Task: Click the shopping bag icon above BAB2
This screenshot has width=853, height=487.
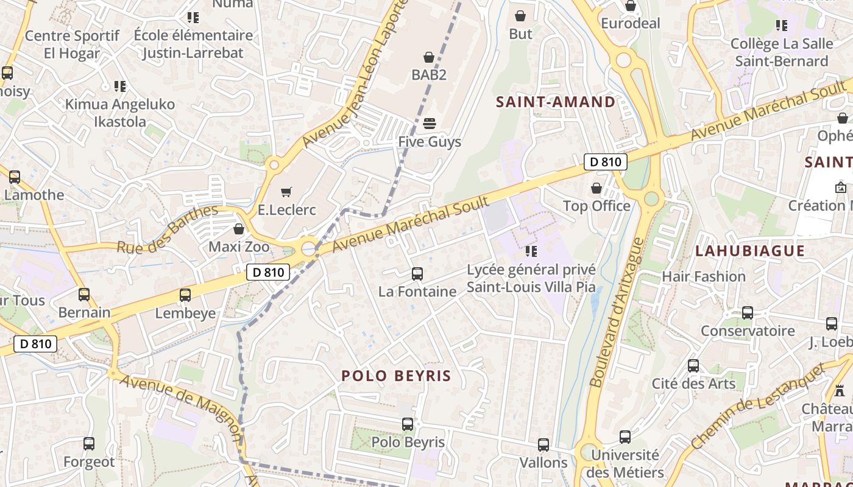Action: (x=429, y=57)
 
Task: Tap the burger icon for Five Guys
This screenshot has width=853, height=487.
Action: (x=430, y=124)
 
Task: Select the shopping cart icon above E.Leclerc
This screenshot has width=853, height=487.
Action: (x=286, y=192)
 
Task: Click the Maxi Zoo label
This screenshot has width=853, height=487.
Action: (x=239, y=247)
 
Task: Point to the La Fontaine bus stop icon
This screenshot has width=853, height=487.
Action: (x=417, y=274)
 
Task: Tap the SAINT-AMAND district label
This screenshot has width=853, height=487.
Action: (x=556, y=102)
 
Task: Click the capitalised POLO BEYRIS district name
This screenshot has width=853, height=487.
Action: (x=396, y=376)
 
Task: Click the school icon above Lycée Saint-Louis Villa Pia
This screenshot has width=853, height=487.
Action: (x=531, y=251)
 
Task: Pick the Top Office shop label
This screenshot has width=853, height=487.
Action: (x=596, y=206)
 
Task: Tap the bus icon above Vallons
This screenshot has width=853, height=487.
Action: (x=543, y=445)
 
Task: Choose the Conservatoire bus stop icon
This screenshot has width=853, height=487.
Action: (x=748, y=313)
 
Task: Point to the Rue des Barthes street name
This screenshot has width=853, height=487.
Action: (x=167, y=230)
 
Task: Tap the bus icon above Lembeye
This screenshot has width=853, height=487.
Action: (x=185, y=295)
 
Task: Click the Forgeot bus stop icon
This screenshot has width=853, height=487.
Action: (x=89, y=444)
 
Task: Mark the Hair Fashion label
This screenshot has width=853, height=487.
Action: (x=704, y=276)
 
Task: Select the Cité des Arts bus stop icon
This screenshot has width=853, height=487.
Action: (x=693, y=366)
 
